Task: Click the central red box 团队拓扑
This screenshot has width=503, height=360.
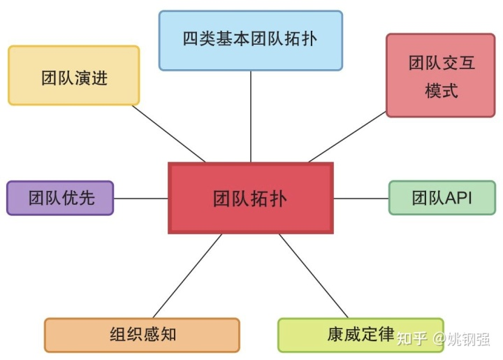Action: click(x=250, y=198)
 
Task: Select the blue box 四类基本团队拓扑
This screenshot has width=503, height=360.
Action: click(x=250, y=40)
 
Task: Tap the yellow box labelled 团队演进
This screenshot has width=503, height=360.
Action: click(x=73, y=75)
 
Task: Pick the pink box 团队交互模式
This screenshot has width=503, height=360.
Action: click(x=441, y=75)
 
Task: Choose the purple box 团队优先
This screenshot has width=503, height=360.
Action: click(x=59, y=198)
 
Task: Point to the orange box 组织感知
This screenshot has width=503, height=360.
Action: click(x=142, y=334)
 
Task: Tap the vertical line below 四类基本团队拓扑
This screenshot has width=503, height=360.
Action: click(x=250, y=116)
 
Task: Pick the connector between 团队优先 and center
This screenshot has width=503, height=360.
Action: click(x=140, y=198)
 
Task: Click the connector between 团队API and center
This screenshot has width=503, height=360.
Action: click(x=360, y=198)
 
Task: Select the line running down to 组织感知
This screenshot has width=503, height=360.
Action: click(x=187, y=275)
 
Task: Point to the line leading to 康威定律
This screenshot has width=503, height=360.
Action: click(x=313, y=275)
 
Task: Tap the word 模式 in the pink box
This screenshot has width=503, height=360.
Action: click(x=441, y=90)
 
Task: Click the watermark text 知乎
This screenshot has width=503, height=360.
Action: click(x=411, y=340)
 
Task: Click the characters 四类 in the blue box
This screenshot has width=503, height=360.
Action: click(x=198, y=39)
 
